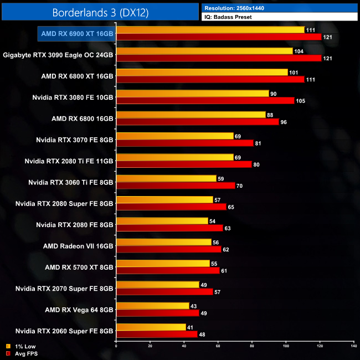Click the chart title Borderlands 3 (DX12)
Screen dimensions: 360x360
click(x=100, y=12)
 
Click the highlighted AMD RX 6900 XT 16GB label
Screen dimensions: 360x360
click(x=77, y=33)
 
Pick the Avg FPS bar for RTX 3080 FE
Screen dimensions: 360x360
click(x=205, y=101)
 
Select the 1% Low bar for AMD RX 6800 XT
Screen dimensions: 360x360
click(x=202, y=72)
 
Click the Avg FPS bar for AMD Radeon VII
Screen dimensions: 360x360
click(x=168, y=249)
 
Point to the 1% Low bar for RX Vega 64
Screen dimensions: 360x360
click(x=152, y=306)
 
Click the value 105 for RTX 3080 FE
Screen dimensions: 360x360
click(x=302, y=101)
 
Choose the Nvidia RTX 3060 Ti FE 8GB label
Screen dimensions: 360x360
click(x=71, y=182)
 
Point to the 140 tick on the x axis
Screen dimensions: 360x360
click(x=353, y=347)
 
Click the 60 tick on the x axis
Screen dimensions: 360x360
click(x=218, y=347)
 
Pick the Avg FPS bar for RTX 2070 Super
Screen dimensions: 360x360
click(x=164, y=292)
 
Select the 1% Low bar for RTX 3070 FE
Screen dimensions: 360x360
click(x=174, y=136)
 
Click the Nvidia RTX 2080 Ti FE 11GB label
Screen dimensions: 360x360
click(x=69, y=161)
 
